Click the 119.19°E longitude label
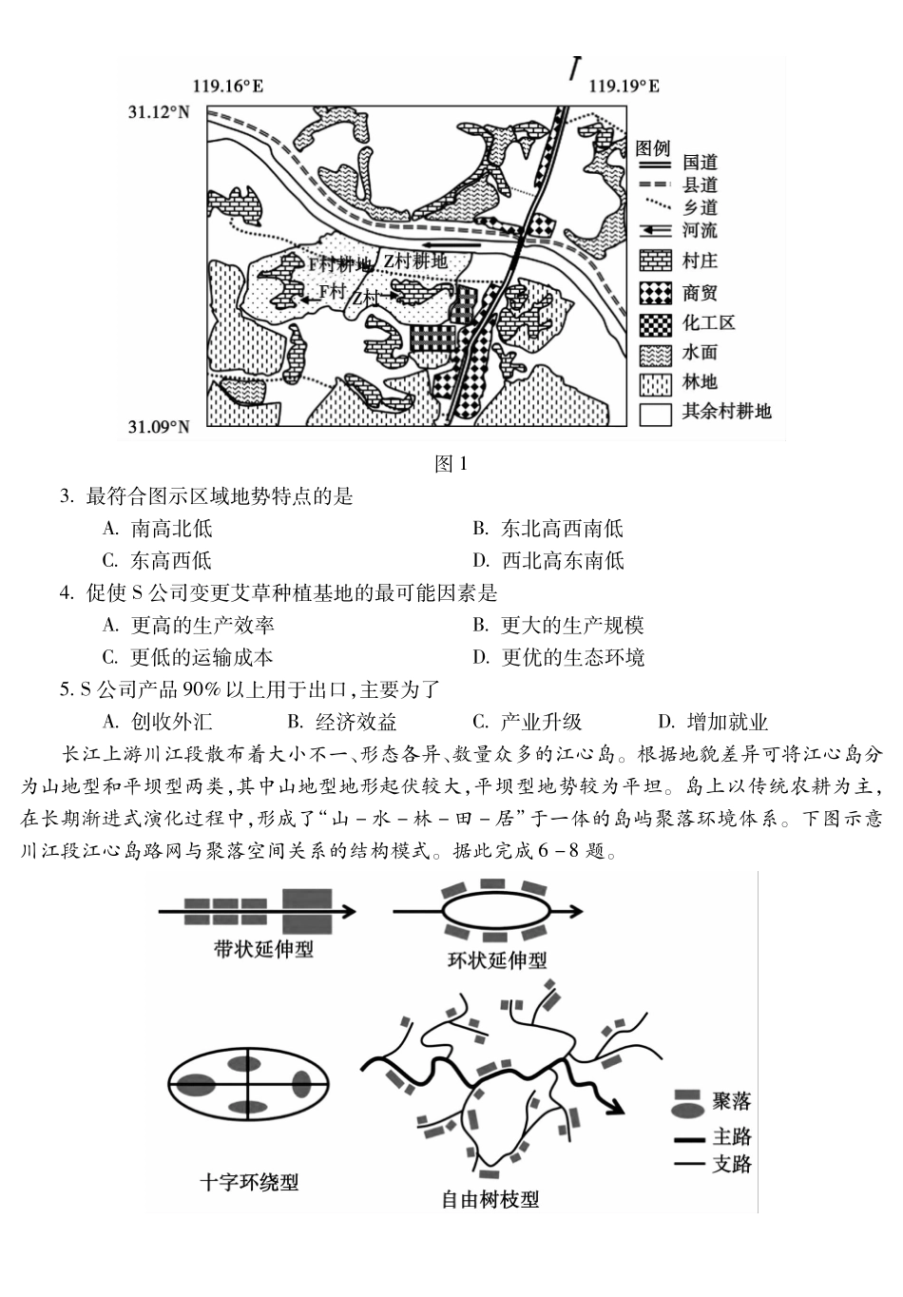coord(624,87)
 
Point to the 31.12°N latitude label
coord(159,112)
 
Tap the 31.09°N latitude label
coord(159,427)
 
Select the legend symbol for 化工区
coord(655,323)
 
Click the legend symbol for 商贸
coord(655,292)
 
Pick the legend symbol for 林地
coord(655,383)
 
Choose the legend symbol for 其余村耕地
coord(655,413)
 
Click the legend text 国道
coord(700,164)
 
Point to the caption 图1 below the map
coord(451,464)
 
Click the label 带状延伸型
coord(263,949)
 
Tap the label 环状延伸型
coord(497,959)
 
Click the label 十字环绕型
coord(249,1182)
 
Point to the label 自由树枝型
coord(490,1199)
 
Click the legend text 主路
coord(731,1137)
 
